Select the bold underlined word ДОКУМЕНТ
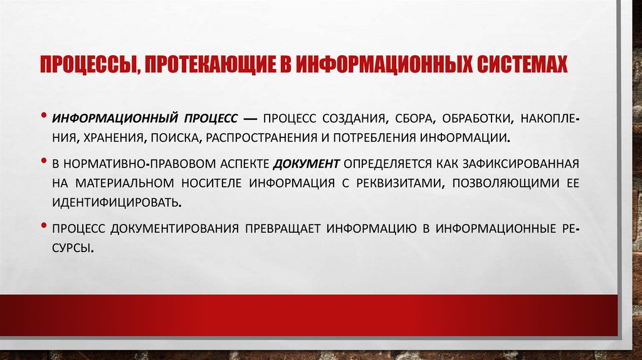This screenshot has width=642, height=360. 307,164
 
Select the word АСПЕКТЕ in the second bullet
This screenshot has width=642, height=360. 245,164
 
